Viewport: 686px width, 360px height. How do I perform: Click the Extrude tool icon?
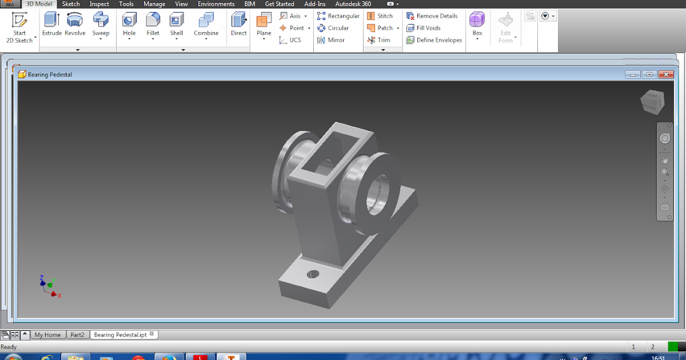(x=51, y=21)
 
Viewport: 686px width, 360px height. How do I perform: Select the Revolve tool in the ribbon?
(x=75, y=21)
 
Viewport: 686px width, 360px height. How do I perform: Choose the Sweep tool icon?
(x=101, y=21)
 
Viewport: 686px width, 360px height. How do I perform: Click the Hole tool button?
(x=129, y=21)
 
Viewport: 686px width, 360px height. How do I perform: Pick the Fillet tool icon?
(x=153, y=21)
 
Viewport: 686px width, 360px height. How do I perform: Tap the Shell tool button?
(x=176, y=21)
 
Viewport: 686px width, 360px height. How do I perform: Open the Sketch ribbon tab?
(x=71, y=4)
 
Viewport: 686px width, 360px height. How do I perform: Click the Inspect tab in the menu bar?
(x=99, y=4)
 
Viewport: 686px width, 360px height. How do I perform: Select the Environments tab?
(x=216, y=4)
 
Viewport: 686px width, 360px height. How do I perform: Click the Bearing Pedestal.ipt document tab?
(x=120, y=335)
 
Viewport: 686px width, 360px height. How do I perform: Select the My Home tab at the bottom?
(x=47, y=335)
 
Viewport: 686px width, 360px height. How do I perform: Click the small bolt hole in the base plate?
(x=313, y=274)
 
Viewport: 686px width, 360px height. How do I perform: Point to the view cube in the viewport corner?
(x=652, y=101)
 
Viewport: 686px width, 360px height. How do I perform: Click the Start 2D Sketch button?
(x=20, y=27)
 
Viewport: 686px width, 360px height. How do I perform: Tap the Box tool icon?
(x=477, y=21)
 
